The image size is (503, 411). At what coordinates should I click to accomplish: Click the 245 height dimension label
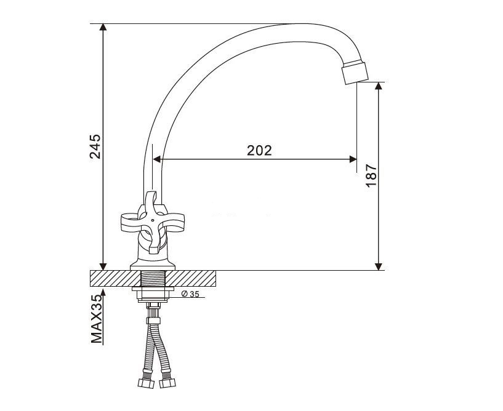click(95, 146)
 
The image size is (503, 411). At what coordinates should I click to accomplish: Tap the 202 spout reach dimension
click(259, 150)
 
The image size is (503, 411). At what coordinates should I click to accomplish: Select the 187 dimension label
click(371, 176)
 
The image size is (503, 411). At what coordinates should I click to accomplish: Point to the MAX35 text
click(96, 319)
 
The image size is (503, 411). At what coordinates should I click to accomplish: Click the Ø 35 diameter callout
click(190, 293)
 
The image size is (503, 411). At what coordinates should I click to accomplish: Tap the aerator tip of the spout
click(355, 72)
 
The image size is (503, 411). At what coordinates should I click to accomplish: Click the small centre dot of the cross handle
click(152, 220)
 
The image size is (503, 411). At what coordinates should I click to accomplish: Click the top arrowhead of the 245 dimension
click(103, 27)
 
